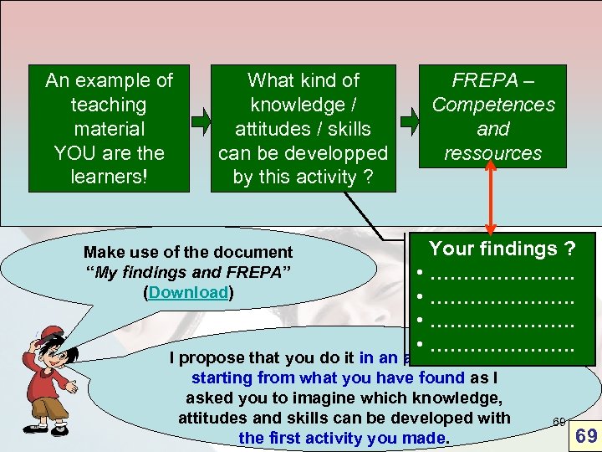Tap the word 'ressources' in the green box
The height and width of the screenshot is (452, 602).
(x=493, y=153)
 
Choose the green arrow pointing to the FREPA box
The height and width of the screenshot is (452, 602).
(x=411, y=121)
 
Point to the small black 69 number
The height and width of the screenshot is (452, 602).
(x=559, y=420)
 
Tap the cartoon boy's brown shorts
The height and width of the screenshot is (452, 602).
(x=45, y=408)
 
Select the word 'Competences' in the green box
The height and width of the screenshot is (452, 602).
(x=493, y=105)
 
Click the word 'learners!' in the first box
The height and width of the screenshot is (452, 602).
(x=109, y=177)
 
